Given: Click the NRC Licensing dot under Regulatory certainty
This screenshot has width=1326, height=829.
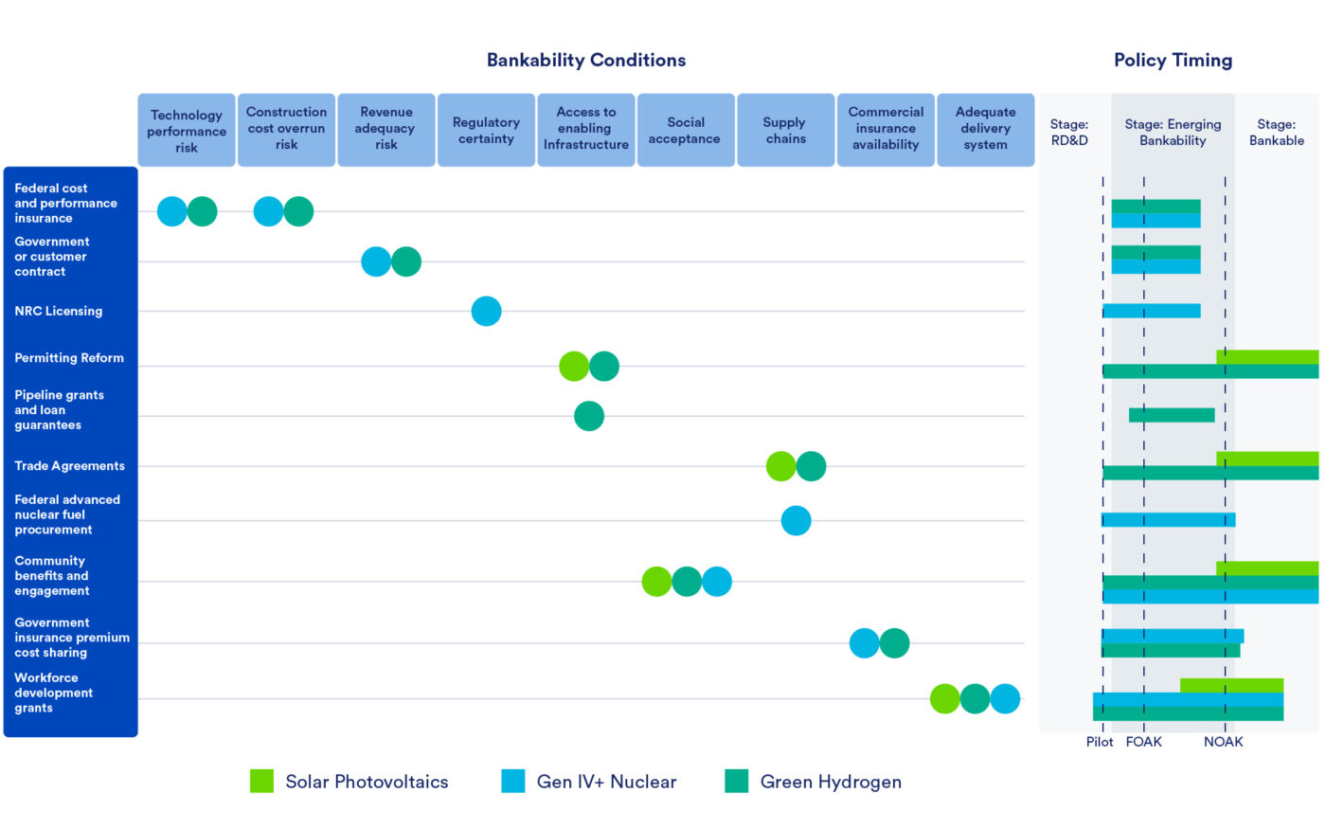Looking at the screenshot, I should [486, 311].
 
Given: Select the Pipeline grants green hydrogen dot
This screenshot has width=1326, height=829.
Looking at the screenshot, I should [589, 416].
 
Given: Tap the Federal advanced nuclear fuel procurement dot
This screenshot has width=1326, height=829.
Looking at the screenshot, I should [796, 520].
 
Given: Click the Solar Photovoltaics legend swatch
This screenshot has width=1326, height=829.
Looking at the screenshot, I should [261, 781].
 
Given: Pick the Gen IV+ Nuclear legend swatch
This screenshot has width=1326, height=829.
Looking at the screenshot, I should [512, 781].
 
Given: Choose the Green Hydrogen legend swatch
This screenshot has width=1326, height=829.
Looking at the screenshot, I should [736, 781].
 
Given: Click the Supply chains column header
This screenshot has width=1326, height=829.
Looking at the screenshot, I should [785, 130].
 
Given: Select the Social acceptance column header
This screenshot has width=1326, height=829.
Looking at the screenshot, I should [685, 130].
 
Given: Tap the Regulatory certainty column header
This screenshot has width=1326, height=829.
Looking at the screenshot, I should [486, 130].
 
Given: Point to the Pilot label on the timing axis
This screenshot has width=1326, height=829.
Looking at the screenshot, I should [1100, 742].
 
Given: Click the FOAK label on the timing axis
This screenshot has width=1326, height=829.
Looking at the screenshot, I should [1143, 742].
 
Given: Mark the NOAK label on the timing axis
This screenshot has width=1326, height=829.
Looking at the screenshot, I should [1223, 742].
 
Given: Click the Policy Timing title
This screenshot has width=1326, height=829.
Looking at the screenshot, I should [1173, 61].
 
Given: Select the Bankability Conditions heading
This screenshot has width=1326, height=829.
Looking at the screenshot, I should [586, 61].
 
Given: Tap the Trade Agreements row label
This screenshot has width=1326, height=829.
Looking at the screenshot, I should [69, 466].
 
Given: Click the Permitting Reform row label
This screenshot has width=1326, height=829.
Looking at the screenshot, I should [69, 358].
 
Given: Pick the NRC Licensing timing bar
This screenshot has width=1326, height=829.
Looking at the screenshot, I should [1151, 311].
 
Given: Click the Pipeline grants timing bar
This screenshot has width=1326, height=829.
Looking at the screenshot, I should [1172, 415].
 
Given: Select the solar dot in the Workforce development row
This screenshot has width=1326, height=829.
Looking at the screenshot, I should [944, 699].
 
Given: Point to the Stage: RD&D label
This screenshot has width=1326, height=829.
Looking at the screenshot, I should [1069, 132].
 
